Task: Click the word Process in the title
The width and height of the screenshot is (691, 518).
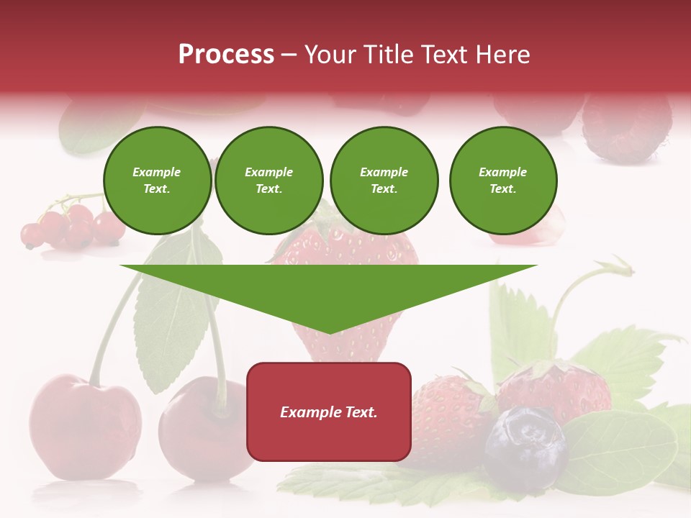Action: [226, 54]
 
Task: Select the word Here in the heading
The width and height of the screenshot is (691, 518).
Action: [503, 54]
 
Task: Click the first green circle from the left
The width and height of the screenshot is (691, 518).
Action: [157, 181]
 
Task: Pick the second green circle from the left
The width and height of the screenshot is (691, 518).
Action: [268, 181]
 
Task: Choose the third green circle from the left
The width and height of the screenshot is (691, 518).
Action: [384, 181]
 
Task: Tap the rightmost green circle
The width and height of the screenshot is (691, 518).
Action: [502, 181]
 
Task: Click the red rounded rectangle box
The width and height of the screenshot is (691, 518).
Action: [329, 412]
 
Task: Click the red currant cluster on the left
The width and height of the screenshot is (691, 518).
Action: [68, 227]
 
